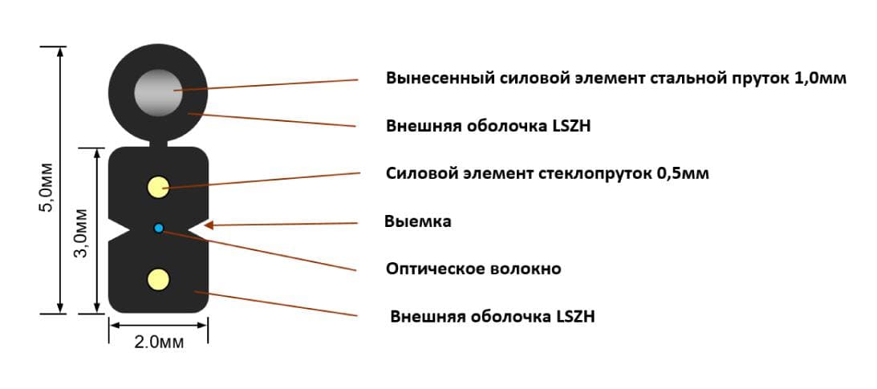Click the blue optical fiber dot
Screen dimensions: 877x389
(x=159, y=228)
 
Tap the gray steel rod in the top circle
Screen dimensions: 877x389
(x=158, y=93)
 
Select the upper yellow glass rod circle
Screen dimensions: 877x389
(x=158, y=187)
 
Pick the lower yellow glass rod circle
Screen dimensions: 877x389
(x=158, y=279)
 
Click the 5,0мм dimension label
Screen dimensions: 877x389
(x=47, y=187)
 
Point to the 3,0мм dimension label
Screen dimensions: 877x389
(x=82, y=233)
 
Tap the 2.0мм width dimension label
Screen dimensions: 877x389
(x=158, y=342)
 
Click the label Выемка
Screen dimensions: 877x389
(x=418, y=222)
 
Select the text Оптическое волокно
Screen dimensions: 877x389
(x=473, y=269)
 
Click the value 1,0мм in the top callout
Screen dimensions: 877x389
(x=820, y=79)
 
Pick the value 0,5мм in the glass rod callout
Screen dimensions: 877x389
(x=683, y=173)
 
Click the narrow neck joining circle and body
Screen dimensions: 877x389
(x=158, y=144)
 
